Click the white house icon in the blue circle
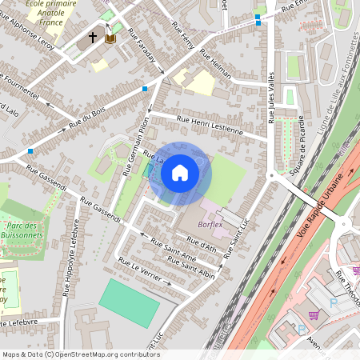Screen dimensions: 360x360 (180, 172)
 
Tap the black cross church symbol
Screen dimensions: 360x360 (93, 37)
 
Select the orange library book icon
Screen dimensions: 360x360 (110, 38)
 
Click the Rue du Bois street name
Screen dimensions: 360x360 (87, 120)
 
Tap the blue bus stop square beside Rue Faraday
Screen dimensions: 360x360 (144, 88)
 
